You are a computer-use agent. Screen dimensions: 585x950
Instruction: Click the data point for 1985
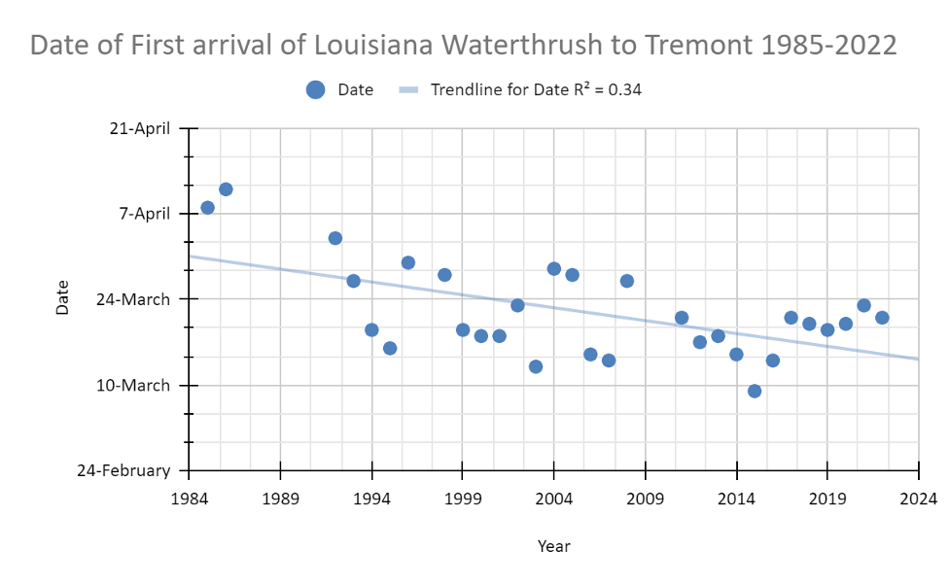[207, 207]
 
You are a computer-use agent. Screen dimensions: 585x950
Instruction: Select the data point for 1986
[226, 189]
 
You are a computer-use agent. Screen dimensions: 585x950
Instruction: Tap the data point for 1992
[335, 238]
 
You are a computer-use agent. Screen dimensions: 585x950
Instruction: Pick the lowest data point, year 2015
[755, 391]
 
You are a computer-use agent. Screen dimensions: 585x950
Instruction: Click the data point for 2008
[627, 281]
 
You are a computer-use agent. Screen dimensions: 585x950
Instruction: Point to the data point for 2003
[536, 366]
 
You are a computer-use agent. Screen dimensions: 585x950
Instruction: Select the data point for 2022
[882, 318]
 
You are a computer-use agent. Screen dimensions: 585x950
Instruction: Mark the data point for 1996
[408, 262]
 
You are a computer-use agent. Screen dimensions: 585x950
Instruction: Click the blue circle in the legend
[315, 89]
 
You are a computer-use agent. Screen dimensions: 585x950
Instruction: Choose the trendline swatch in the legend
[409, 89]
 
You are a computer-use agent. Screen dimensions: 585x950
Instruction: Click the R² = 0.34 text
[610, 89]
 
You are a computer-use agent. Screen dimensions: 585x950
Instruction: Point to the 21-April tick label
[138, 127]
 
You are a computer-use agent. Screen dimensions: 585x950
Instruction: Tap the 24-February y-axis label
[124, 470]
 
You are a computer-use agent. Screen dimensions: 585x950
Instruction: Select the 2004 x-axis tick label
[553, 499]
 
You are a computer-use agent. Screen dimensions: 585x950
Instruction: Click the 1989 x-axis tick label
[280, 499]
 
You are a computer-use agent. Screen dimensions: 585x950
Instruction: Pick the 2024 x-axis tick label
[919, 499]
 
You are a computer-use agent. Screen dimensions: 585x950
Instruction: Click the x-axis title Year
[553, 546]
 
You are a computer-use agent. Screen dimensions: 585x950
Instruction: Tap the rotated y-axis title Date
[63, 297]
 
